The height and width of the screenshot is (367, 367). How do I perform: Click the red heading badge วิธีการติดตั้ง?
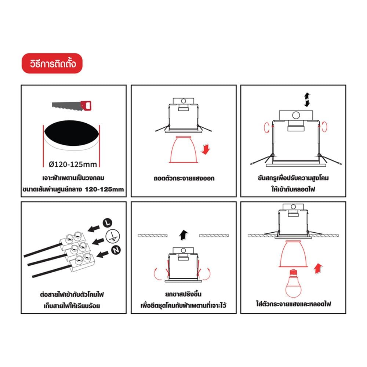52,63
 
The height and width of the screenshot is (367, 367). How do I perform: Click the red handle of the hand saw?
86,105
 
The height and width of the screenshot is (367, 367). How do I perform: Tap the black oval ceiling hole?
72,133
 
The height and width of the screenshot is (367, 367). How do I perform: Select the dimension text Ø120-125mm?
73,164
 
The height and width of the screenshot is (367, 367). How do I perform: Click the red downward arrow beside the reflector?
206,149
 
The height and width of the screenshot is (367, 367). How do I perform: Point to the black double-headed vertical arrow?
307,100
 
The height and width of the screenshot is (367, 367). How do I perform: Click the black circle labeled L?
108,223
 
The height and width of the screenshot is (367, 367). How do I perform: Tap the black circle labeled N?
116,250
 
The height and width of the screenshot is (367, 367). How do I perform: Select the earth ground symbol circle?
113,236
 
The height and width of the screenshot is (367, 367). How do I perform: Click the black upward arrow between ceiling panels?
183,235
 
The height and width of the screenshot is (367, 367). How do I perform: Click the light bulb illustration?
293,283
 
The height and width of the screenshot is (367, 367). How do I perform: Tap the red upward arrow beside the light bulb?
318,269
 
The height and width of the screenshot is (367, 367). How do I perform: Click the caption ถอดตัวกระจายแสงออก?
184,178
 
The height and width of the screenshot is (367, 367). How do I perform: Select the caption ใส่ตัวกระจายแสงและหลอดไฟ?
293,304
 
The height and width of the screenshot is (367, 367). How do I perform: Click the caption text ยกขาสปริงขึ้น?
183,294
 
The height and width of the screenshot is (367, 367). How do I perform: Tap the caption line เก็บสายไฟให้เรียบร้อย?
72,306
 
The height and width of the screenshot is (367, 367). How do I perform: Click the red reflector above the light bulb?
293,254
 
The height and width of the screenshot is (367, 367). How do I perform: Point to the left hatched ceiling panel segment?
153,236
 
